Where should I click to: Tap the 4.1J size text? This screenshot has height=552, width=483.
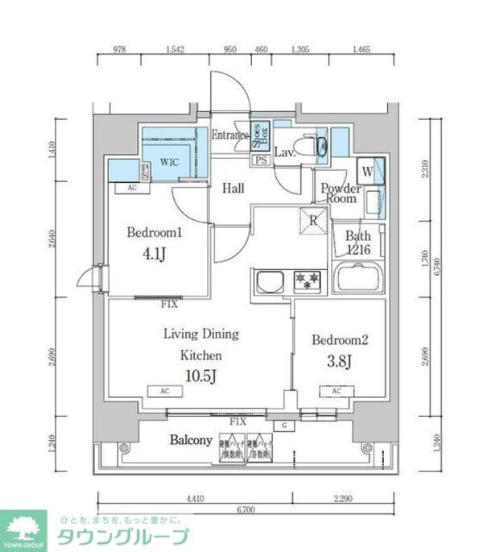pyautogui.click(x=155, y=256)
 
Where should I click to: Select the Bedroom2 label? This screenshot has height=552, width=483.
pyautogui.click(x=340, y=339)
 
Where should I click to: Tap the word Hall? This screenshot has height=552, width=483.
pyautogui.click(x=233, y=189)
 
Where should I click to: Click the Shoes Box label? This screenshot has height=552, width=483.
pyautogui.click(x=261, y=135)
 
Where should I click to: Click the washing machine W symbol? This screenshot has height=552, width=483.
pyautogui.click(x=367, y=170)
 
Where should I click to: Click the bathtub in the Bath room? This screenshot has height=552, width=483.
pyautogui.click(x=359, y=281)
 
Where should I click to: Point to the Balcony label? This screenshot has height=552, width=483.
pyautogui.click(x=191, y=441)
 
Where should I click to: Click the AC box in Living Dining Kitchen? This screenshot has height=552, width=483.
pyautogui.click(x=164, y=392)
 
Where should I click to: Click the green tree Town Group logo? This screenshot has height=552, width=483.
pyautogui.click(x=24, y=529)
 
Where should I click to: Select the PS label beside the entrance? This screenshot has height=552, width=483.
pyautogui.click(x=261, y=160)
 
